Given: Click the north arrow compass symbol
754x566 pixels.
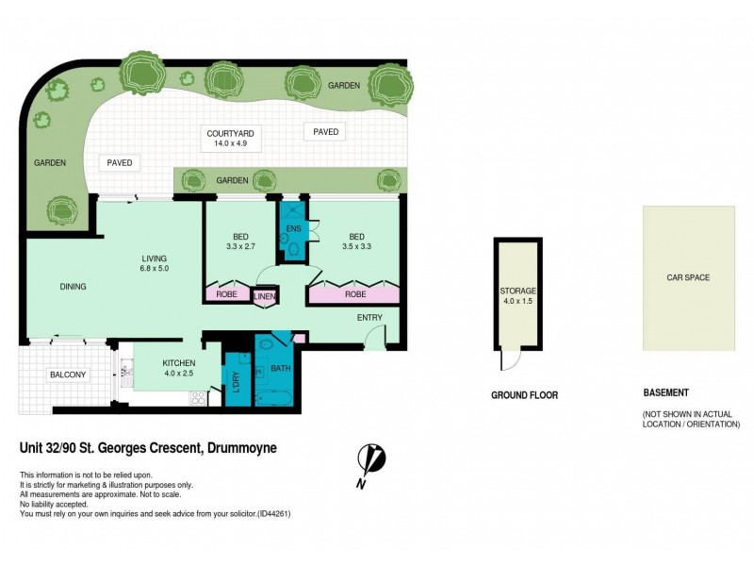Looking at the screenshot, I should click(x=371, y=464).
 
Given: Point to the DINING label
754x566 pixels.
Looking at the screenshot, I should click(x=74, y=287).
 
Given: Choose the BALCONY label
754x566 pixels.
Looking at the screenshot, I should click(x=68, y=375).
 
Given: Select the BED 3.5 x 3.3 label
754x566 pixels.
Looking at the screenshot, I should click(x=356, y=243).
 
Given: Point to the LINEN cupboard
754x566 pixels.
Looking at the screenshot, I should click(x=265, y=297).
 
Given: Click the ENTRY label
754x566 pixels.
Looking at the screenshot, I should click(x=369, y=318).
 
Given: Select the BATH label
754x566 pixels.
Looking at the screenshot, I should click(x=281, y=368).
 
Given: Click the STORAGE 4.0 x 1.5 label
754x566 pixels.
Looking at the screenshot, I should click(x=518, y=296).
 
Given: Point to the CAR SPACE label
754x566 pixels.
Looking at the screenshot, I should click(x=688, y=277).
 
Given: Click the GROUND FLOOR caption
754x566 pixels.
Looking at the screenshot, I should click(x=524, y=395).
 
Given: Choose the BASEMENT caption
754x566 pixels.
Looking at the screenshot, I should click(x=665, y=392).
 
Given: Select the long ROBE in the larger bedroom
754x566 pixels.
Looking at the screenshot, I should click(x=355, y=294).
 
